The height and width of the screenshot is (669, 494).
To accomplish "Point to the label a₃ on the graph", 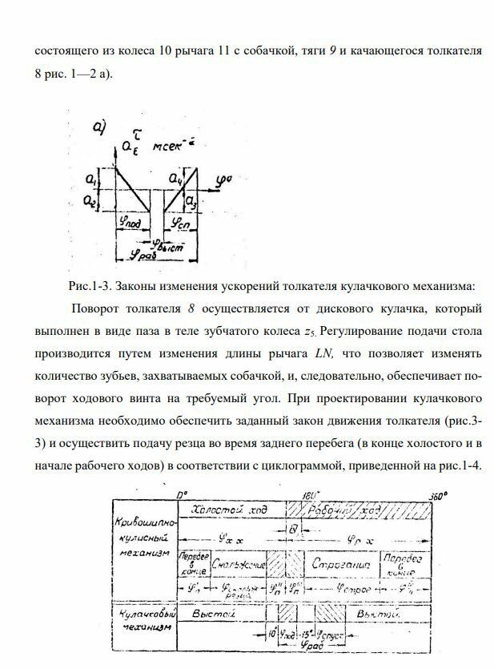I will coord(191,198).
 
